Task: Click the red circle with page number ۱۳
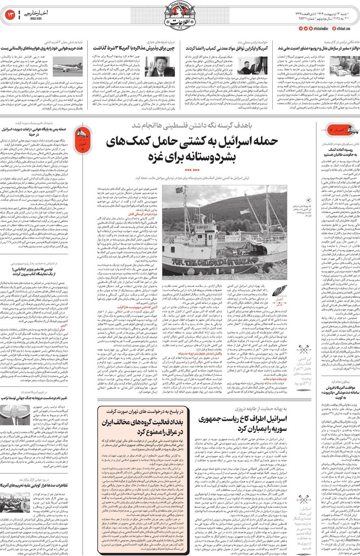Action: pyautogui.click(x=10, y=15)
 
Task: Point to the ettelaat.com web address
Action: pyautogui.click(x=343, y=29)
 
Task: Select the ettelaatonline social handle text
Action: pyautogui.click(x=320, y=29)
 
